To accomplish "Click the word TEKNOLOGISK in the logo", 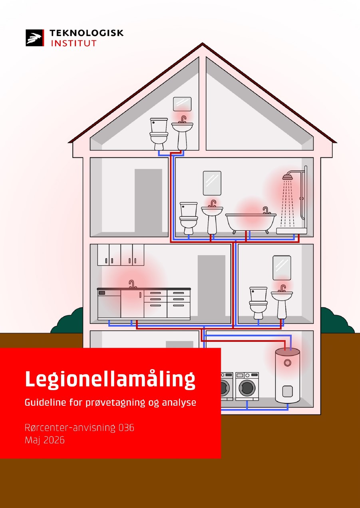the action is coord(86,33).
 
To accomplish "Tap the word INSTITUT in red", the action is coord(74,43).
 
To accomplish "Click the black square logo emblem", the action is coord(35,38).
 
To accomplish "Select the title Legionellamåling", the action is coord(110,379).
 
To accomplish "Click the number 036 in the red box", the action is coord(126,427).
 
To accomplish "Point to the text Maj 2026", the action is coord(45,440).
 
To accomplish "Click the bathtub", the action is coord(251,222).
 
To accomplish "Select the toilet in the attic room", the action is coord(159,134).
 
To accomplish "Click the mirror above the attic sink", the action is coord(182,104).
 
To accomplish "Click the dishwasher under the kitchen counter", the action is coord(109,304).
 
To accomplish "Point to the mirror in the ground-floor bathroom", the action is coord(282,268).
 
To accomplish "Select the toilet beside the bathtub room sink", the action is coord(189,218).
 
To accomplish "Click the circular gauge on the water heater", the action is coord(287,363).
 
